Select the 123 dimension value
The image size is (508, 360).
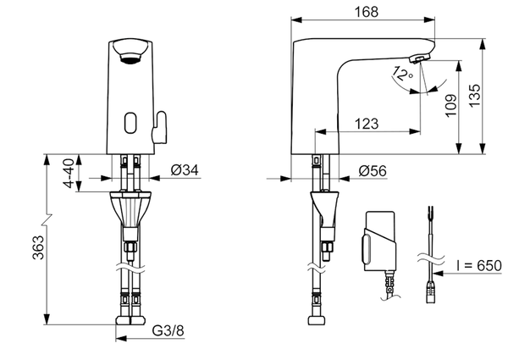[366, 124]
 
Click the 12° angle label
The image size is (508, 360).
[400, 77]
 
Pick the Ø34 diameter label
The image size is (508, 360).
[185, 170]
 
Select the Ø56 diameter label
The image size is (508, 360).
[373, 170]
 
